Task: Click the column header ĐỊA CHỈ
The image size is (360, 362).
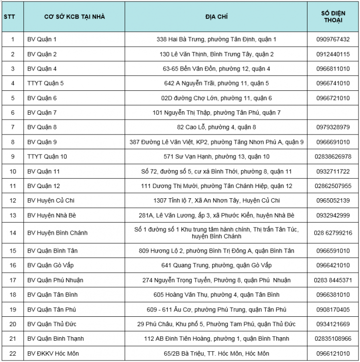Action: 216,17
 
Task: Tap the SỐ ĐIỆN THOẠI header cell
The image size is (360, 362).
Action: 333,17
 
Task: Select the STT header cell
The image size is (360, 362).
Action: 9,17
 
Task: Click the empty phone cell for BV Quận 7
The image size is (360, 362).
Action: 333,113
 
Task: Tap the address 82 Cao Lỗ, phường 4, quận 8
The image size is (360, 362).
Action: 216,127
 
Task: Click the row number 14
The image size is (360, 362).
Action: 13,233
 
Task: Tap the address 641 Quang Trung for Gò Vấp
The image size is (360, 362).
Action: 216,265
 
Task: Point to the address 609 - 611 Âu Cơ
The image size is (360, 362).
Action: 216,310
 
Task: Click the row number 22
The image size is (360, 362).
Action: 13,353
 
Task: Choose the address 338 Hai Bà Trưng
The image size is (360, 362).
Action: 216,39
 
